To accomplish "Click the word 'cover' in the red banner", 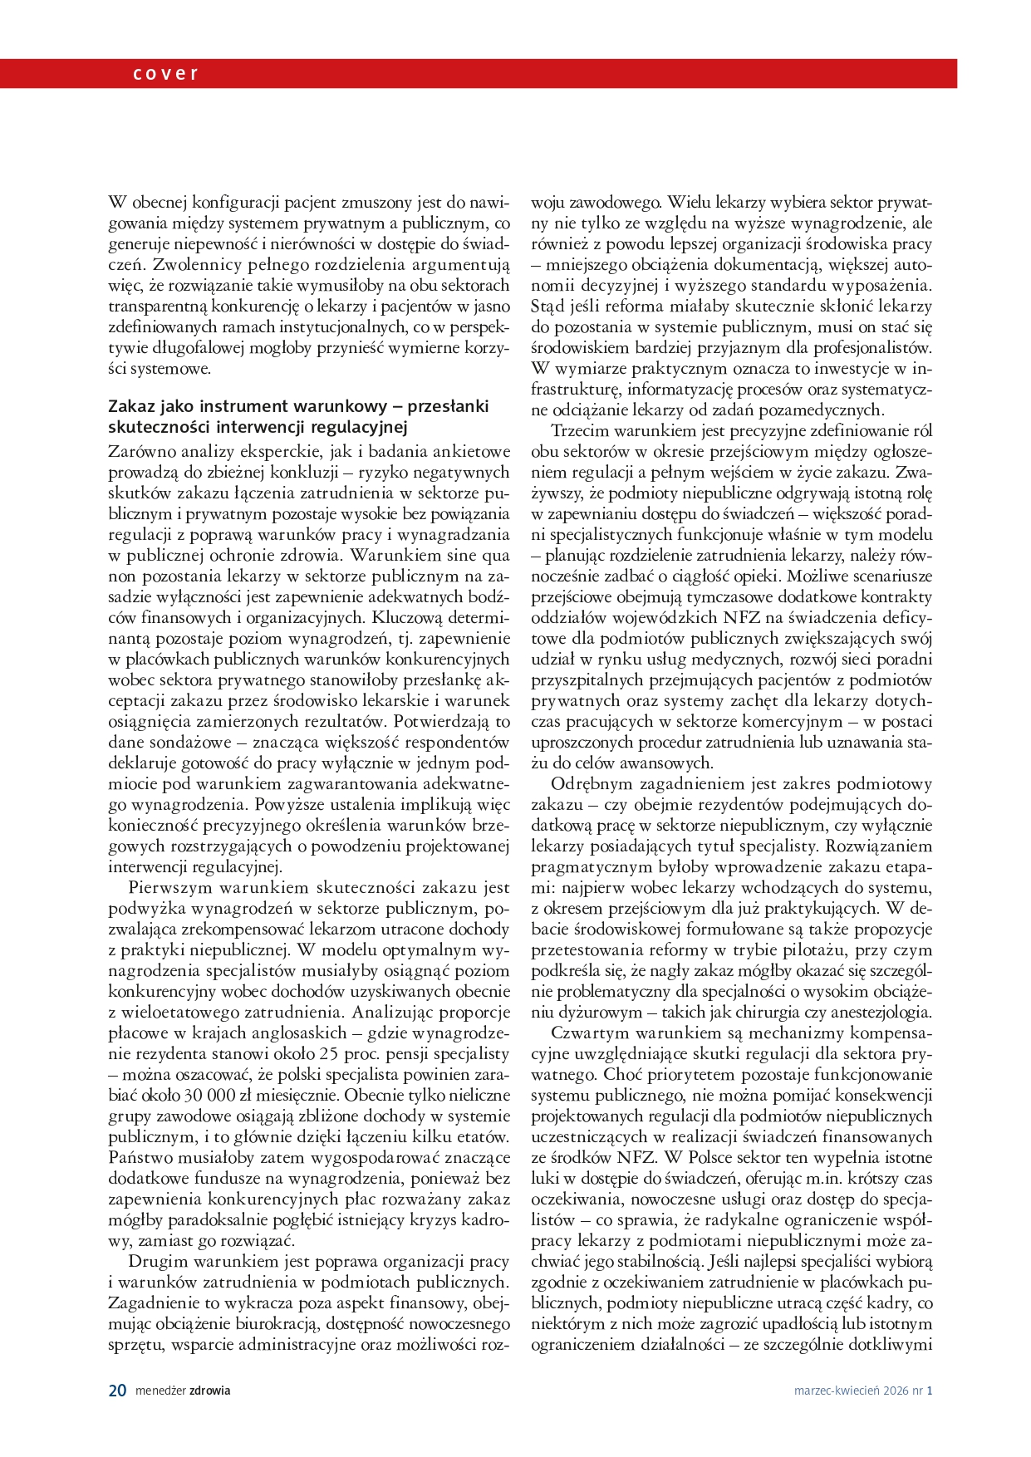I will tap(165, 73).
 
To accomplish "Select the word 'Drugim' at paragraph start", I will tap(155, 1261).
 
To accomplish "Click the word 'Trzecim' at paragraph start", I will tap(580, 430).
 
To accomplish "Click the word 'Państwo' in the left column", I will tap(136, 1157).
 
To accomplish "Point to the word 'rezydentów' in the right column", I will tap(744, 804).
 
